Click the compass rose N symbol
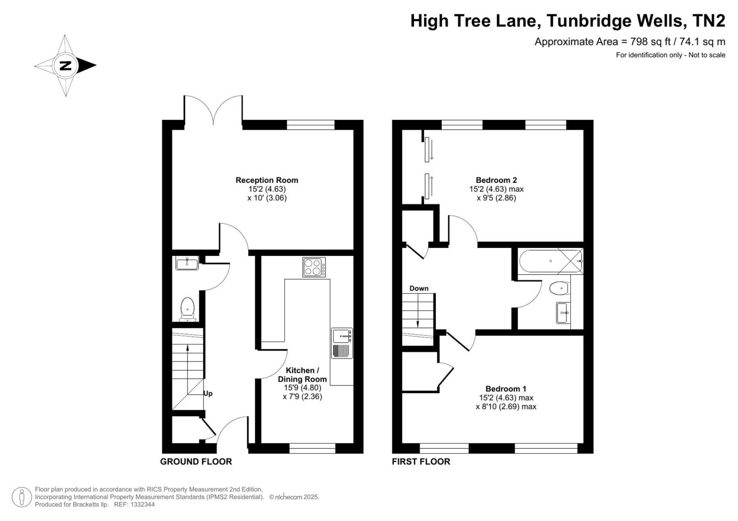click(66, 66)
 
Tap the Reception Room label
click(267, 180)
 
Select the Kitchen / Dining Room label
click(303, 375)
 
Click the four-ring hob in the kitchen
click(314, 267)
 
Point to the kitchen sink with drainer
click(342, 343)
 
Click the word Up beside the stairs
click(208, 394)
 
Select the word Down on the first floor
click(419, 288)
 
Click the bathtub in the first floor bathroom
click(551, 261)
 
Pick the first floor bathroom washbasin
click(563, 313)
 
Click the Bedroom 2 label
click(496, 180)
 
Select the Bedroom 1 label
click(506, 389)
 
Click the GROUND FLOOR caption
click(196, 462)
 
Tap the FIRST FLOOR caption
click(421, 462)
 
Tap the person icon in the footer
click(22, 497)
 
